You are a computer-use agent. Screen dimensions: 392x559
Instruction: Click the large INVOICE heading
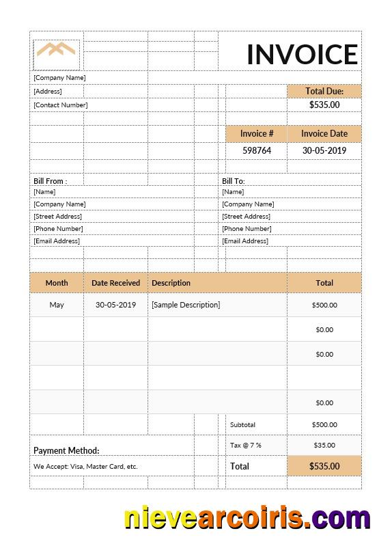(302, 54)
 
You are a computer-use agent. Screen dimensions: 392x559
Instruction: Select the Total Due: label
(324, 91)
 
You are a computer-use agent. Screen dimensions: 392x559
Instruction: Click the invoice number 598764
(257, 150)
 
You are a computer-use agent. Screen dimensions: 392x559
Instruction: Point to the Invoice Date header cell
(324, 133)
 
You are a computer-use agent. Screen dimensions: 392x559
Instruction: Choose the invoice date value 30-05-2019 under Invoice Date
(324, 150)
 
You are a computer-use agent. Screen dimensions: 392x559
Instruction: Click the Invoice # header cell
(257, 133)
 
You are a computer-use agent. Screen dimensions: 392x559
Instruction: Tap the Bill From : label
(50, 181)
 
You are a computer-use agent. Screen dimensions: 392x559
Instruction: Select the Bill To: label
(233, 181)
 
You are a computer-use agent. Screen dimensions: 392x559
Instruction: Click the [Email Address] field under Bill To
(245, 241)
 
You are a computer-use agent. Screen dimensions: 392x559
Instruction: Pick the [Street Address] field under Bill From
(57, 216)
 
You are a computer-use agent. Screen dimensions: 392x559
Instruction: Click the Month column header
(57, 282)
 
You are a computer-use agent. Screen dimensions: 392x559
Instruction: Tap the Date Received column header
(115, 282)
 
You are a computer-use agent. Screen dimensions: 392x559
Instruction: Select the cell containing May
(57, 305)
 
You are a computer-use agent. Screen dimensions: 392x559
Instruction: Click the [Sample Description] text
(186, 305)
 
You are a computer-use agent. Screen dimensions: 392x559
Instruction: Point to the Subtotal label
(242, 424)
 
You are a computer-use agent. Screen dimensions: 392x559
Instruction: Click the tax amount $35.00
(324, 445)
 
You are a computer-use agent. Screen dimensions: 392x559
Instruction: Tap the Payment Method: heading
(66, 450)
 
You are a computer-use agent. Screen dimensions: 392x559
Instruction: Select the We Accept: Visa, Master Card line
(85, 467)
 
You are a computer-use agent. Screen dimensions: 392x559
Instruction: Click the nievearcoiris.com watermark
(247, 517)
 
